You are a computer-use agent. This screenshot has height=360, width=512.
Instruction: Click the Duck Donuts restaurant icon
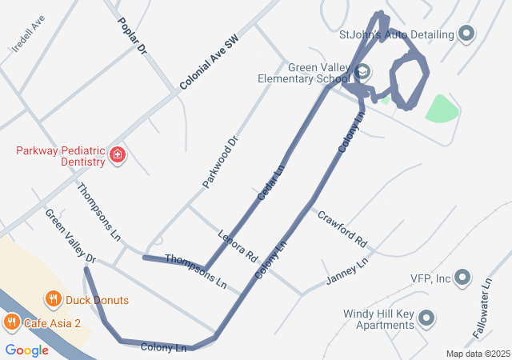tap(54, 300)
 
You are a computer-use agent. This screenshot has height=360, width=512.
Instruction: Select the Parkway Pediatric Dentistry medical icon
tap(118, 154)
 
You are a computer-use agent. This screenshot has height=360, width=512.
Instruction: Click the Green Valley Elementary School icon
tap(363, 72)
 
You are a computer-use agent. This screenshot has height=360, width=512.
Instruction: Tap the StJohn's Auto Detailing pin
tap(467, 34)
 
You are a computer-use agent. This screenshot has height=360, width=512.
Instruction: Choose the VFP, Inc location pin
tap(462, 278)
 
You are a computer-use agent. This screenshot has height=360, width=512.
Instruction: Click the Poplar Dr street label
tap(133, 36)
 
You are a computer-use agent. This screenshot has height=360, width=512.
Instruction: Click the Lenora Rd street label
tap(238, 246)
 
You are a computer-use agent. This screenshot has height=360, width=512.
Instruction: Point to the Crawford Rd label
tap(342, 229)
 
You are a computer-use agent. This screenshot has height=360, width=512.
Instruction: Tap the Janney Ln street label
tap(347, 272)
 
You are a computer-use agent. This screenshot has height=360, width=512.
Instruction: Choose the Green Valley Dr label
tap(70, 237)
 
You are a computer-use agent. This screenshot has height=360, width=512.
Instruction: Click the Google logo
tap(26, 350)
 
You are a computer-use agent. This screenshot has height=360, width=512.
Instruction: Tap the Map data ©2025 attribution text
tap(478, 354)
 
